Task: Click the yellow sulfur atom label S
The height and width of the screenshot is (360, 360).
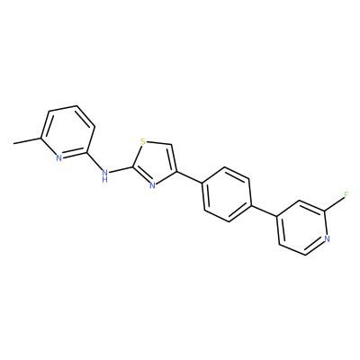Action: (x=143, y=141)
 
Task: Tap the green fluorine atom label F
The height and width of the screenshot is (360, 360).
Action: (x=346, y=195)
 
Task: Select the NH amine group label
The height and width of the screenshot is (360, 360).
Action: (x=104, y=175)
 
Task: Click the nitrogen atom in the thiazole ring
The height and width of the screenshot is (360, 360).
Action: (x=152, y=185)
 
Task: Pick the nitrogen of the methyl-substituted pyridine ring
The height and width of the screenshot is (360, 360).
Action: (x=58, y=158)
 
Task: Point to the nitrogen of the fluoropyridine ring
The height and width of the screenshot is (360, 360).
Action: (x=327, y=238)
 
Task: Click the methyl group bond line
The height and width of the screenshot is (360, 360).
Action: (x=27, y=141)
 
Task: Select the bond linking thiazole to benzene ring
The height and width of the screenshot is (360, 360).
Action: (x=190, y=178)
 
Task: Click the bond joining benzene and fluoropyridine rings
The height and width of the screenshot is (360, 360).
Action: (x=263, y=210)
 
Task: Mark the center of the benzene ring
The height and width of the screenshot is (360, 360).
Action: (x=227, y=194)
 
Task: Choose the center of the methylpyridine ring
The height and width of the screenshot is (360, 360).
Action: (x=68, y=132)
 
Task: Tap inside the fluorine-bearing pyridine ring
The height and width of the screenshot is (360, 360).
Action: (x=302, y=228)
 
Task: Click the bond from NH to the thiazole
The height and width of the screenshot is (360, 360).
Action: (x=121, y=170)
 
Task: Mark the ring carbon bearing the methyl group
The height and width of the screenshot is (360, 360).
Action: (x=40, y=138)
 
